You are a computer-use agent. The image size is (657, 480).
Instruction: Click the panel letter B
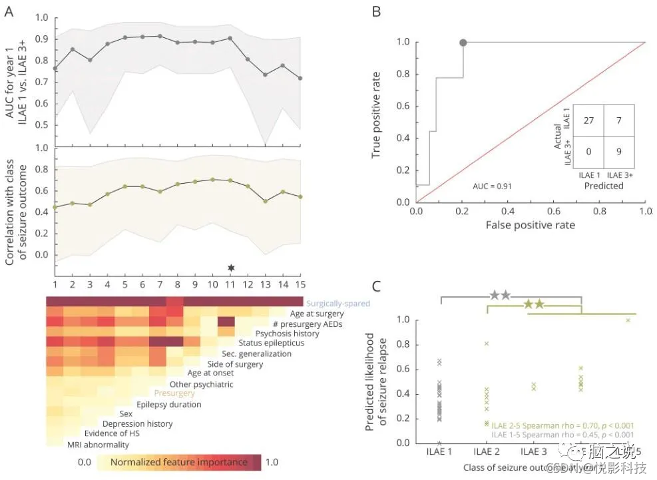click(x=375, y=11)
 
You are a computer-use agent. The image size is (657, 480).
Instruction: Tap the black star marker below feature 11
click(x=231, y=268)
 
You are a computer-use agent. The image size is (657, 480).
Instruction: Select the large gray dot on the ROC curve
click(x=463, y=43)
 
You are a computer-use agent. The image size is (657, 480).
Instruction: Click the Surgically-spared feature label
click(x=338, y=304)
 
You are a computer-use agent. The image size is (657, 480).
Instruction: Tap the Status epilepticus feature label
click(x=276, y=343)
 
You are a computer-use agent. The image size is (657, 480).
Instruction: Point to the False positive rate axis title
click(x=530, y=225)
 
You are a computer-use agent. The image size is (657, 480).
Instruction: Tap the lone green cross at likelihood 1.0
click(x=628, y=320)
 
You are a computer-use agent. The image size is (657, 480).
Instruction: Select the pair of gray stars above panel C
click(x=500, y=295)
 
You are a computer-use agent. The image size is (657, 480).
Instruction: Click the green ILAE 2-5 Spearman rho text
click(x=562, y=425)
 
